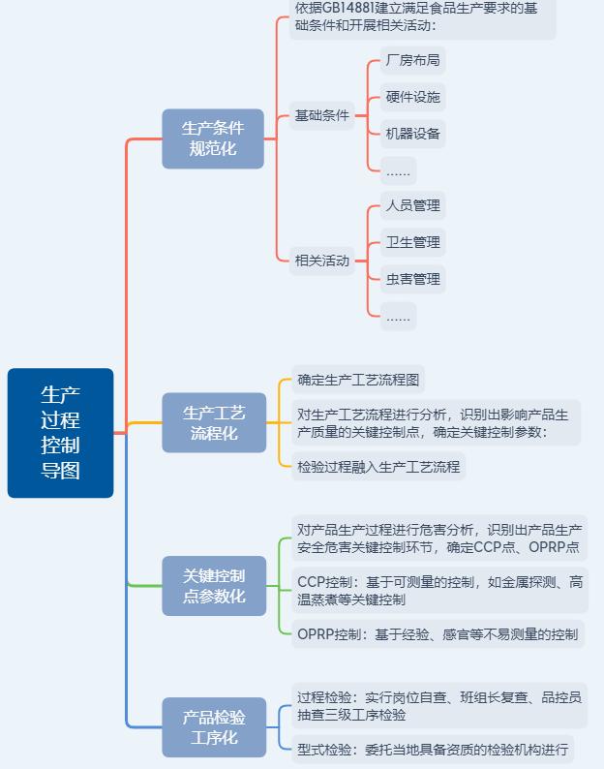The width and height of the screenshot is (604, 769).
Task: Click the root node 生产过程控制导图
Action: (60, 433)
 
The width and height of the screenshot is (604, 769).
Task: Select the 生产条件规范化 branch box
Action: (213, 138)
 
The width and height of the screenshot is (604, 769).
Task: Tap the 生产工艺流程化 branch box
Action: (214, 422)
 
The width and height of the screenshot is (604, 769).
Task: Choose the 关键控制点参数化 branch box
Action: (214, 586)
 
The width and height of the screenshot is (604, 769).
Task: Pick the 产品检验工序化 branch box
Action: (214, 726)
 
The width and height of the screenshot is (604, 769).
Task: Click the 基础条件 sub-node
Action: (321, 116)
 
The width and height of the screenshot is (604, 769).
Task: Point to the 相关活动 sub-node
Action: (321, 261)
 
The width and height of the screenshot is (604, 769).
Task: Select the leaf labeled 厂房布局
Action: (412, 60)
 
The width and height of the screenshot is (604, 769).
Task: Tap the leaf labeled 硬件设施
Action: (412, 97)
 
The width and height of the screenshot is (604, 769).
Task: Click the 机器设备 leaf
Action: (412, 134)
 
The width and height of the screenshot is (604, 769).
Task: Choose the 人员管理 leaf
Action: (412, 205)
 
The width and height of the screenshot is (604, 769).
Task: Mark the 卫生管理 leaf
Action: (412, 242)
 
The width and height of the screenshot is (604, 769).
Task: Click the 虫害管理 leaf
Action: (412, 279)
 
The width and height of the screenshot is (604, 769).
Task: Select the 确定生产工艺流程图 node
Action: (358, 380)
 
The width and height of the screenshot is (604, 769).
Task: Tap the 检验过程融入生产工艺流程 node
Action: (378, 467)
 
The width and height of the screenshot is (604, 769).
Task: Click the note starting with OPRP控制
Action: (438, 634)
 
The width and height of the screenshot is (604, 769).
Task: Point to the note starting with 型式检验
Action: (433, 749)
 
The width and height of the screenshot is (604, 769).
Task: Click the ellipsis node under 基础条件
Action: (398, 170)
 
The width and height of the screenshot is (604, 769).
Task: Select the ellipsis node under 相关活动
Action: (398, 316)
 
